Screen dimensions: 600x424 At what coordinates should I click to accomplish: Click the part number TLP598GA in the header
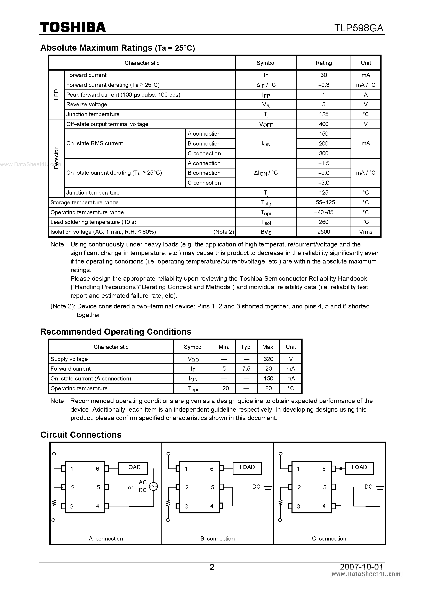point(359,28)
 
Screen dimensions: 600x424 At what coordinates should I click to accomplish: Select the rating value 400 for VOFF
point(323,124)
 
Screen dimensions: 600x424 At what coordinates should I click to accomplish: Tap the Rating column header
point(323,63)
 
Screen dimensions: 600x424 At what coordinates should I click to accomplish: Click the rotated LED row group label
point(56,94)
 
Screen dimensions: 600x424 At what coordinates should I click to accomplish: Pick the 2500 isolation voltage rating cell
point(323,232)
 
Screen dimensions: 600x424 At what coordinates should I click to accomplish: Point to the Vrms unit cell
point(366,232)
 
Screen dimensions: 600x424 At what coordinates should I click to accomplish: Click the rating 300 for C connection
point(323,153)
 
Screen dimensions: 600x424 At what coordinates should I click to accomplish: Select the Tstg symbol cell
point(266,203)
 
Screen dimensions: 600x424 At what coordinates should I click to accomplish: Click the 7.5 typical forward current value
point(246,369)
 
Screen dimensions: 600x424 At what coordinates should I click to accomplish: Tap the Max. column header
point(268,347)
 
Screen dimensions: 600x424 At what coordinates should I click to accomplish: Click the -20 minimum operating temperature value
point(224,388)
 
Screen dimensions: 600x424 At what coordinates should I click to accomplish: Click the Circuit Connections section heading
point(81,435)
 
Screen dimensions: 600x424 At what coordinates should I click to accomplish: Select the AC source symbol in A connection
point(153,486)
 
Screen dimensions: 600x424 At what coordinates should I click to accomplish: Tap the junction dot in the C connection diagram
point(341,469)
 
